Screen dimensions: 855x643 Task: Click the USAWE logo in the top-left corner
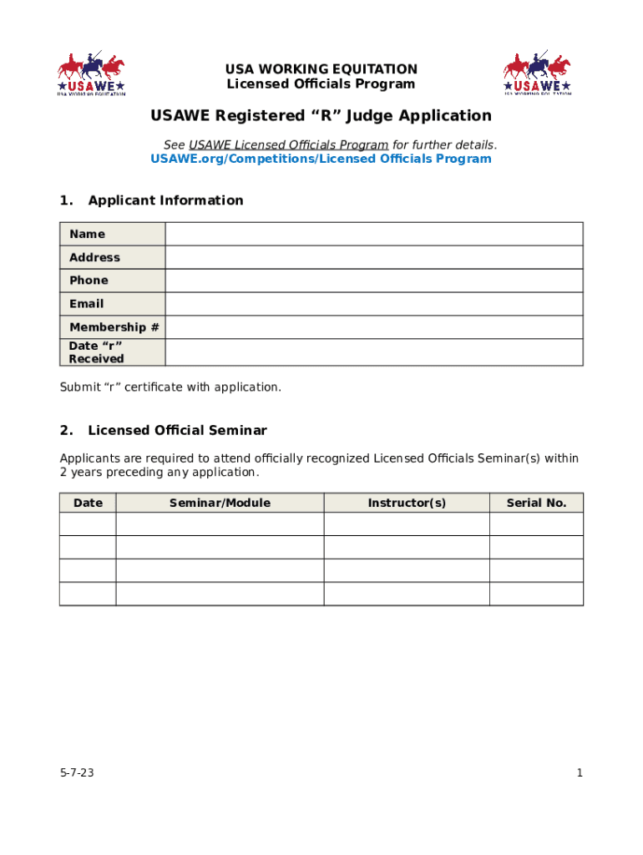pyautogui.click(x=91, y=73)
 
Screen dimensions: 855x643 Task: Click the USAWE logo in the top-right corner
pyautogui.click(x=537, y=73)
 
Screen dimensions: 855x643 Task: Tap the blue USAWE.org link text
pyautogui.click(x=321, y=159)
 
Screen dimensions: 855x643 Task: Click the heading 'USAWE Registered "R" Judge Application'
pyautogui.click(x=321, y=116)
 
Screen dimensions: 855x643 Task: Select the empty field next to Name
pyautogui.click(x=374, y=234)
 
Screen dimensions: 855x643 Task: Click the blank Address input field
pyautogui.click(x=374, y=257)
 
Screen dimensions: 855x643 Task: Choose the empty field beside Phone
pyautogui.click(x=374, y=281)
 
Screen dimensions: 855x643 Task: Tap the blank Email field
pyautogui.click(x=374, y=304)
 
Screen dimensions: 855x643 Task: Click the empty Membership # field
pyautogui.click(x=374, y=327)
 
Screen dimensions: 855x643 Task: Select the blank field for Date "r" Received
pyautogui.click(x=374, y=352)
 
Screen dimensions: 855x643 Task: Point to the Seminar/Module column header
pyautogui.click(x=220, y=503)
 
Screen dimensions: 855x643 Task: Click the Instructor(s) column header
pyautogui.click(x=407, y=503)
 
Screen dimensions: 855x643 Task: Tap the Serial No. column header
pyautogui.click(x=536, y=503)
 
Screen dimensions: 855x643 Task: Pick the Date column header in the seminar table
pyautogui.click(x=88, y=503)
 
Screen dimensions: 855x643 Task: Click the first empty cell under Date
pyautogui.click(x=88, y=524)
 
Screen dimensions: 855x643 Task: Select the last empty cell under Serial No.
pyautogui.click(x=536, y=594)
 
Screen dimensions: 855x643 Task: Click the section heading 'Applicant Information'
pyautogui.click(x=165, y=200)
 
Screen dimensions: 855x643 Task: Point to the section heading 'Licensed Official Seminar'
pyautogui.click(x=177, y=431)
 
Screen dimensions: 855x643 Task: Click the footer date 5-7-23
pyautogui.click(x=77, y=773)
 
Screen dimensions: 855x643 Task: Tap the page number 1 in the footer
pyautogui.click(x=580, y=773)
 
